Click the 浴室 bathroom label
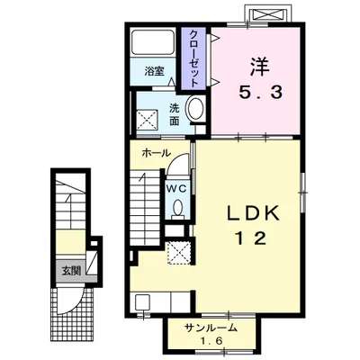point(154,71)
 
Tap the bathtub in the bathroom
point(153,41)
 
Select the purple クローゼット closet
point(193,58)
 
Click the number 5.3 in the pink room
point(260,93)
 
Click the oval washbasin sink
point(195,109)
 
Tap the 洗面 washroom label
point(174,114)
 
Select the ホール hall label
point(156,153)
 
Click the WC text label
point(177,189)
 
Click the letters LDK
point(253,213)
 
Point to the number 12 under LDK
point(251,238)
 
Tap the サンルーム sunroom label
point(211,328)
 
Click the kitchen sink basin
point(142,302)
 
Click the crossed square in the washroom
point(148,120)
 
